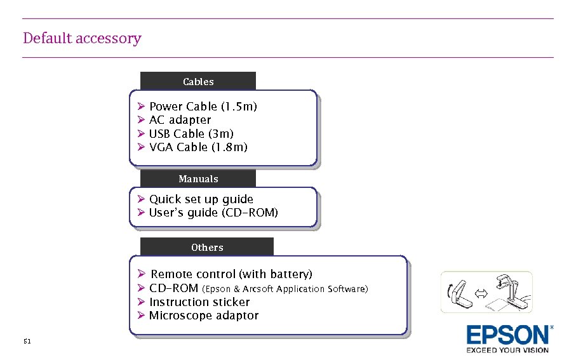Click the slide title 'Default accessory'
pyautogui.click(x=82, y=38)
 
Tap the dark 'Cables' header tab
pyautogui.click(x=198, y=81)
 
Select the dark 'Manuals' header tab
pyautogui.click(x=198, y=179)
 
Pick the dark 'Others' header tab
pyautogui.click(x=207, y=247)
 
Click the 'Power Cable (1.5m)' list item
pyautogui.click(x=203, y=107)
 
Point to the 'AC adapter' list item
pyautogui.click(x=180, y=120)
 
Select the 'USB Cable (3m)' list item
pyautogui.click(x=191, y=134)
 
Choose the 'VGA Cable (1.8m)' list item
pyautogui.click(x=198, y=147)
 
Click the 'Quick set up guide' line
pyautogui.click(x=201, y=199)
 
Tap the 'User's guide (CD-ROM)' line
pyautogui.click(x=213, y=213)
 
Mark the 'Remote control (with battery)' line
pyautogui.click(x=231, y=274)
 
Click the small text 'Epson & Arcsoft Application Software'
pyautogui.click(x=285, y=290)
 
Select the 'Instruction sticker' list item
pyautogui.click(x=199, y=302)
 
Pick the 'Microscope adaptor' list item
pyautogui.click(x=204, y=316)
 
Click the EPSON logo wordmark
pyautogui.click(x=509, y=335)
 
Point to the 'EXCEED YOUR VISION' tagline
pyautogui.click(x=507, y=350)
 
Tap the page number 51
pyautogui.click(x=27, y=342)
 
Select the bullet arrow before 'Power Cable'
pyautogui.click(x=141, y=107)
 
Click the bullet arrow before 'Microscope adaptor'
pyautogui.click(x=141, y=316)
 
